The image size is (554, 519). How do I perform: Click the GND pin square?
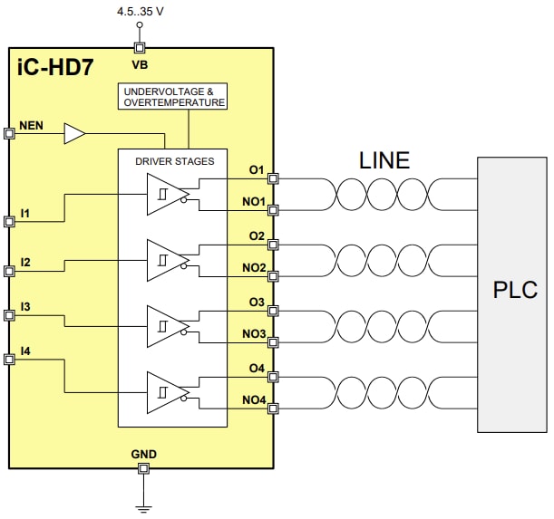coord(142,468)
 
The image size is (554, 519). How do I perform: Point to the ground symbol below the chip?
coord(142,507)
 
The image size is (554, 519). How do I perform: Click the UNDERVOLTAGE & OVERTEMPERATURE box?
coord(173,97)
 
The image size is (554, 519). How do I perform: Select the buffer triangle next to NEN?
coord(73,135)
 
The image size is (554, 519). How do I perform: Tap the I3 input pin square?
coord(10,315)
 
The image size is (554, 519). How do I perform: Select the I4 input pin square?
coord(10,360)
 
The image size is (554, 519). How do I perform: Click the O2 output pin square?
coord(273,245)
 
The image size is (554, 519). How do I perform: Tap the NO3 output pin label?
coord(254,334)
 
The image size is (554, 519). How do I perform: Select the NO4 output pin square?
coord(273,409)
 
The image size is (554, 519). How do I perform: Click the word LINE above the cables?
coord(384,161)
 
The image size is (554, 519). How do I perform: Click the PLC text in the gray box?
coord(515,290)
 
